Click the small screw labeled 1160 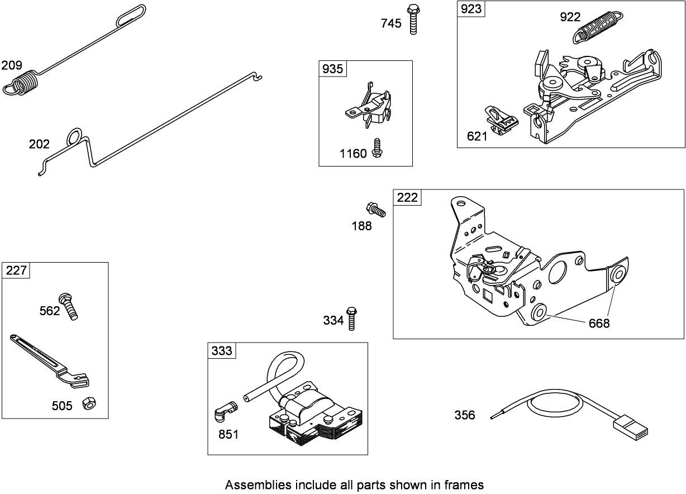tap(377, 148)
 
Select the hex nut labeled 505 tap(88, 403)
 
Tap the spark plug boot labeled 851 tap(225, 414)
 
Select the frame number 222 tap(407, 197)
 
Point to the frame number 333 tap(222, 350)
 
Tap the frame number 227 tap(16, 270)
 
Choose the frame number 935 tap(333, 69)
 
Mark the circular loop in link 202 tap(74, 137)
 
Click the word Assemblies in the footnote tap(251, 484)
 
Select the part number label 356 tap(465, 415)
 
